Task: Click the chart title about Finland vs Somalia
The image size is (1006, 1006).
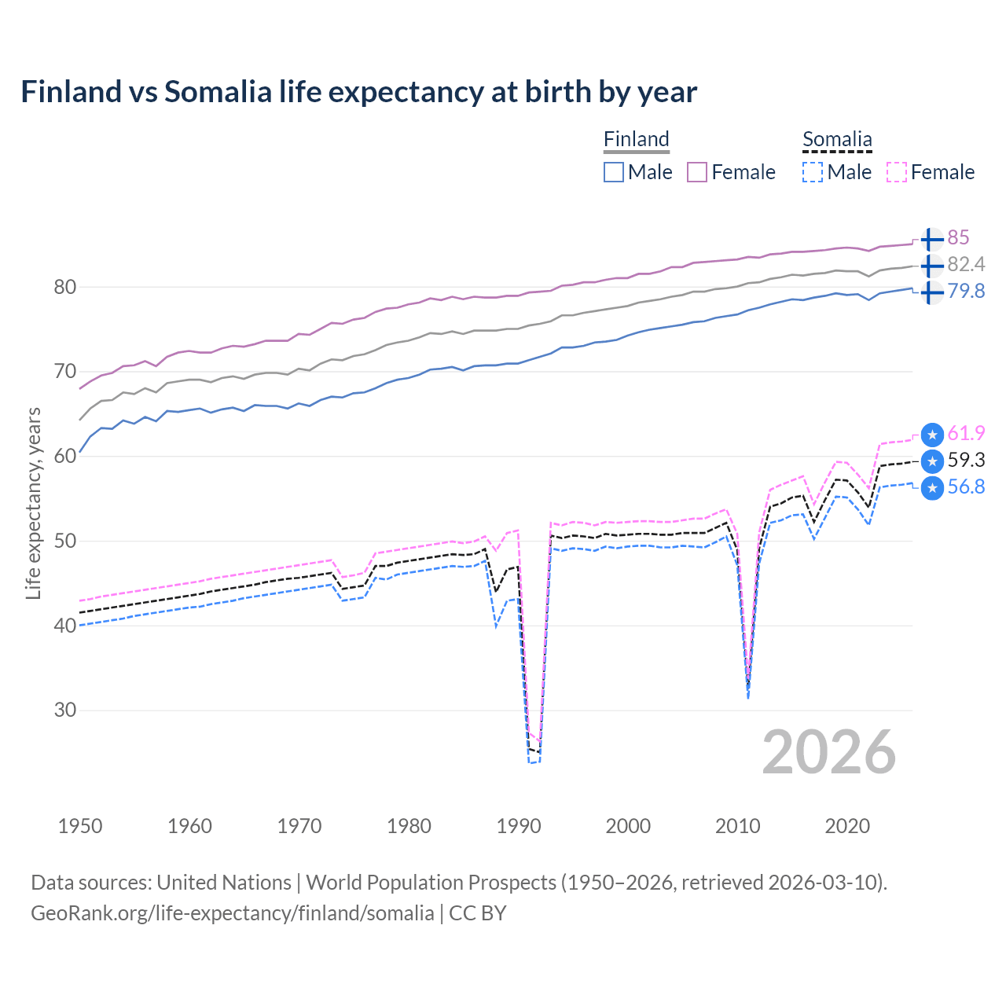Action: [358, 92]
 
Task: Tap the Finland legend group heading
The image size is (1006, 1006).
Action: [636, 139]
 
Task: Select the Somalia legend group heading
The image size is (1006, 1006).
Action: [837, 139]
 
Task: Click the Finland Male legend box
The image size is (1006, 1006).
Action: [614, 172]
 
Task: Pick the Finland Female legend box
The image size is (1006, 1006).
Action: [697, 172]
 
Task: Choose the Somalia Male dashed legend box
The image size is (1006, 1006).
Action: [813, 172]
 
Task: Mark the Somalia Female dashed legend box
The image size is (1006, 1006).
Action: [897, 172]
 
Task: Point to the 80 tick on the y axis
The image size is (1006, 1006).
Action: [65, 287]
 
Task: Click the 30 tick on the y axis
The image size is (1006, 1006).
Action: [65, 710]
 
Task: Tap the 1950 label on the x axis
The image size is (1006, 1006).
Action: [80, 826]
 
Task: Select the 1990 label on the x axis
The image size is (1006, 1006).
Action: [519, 826]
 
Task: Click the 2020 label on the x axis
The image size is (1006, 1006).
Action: [847, 826]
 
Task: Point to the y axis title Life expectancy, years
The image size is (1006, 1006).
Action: [33, 503]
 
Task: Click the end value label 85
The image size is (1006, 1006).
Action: [958, 238]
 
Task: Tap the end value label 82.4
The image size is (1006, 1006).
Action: [966, 265]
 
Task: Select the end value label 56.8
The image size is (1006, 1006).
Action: [966, 487]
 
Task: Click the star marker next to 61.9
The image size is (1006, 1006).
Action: [932, 435]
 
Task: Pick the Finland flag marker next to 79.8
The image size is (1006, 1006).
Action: [931, 292]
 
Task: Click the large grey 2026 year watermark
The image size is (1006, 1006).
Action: [829, 752]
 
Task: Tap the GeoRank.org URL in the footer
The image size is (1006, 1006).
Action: [233, 913]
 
